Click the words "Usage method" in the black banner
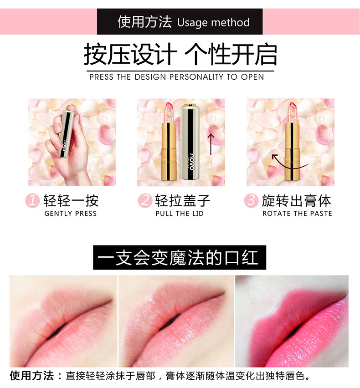213,22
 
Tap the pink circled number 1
32,200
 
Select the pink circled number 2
144,200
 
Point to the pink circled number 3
251,200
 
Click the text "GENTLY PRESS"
71,214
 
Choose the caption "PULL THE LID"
180,214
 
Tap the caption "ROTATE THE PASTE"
297,214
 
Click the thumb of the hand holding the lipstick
53,144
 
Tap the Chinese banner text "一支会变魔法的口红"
179,258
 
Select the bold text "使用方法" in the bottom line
32,376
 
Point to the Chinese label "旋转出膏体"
297,200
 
